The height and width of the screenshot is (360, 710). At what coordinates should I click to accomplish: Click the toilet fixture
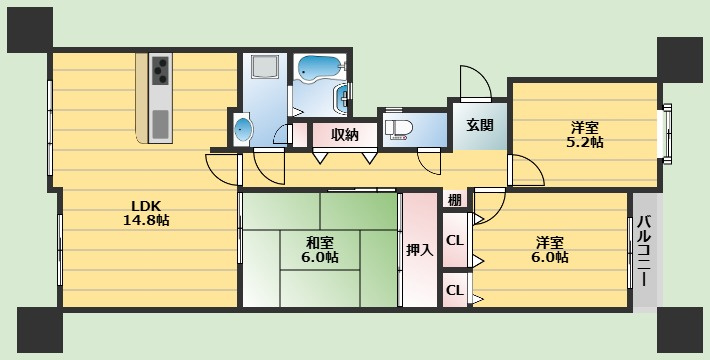(400, 128)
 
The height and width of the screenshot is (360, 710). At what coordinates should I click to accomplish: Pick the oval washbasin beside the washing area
(242, 129)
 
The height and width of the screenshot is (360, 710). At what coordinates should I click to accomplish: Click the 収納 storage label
(345, 134)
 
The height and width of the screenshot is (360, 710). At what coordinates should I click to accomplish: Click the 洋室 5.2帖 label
(585, 134)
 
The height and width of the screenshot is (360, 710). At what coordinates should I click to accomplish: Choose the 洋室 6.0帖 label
(551, 249)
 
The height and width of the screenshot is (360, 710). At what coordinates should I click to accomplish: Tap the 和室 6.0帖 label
(321, 249)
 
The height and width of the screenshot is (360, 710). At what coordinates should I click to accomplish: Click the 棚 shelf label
(454, 199)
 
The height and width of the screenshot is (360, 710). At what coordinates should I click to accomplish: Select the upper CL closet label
(454, 240)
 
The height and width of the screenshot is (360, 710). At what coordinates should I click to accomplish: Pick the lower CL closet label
(454, 290)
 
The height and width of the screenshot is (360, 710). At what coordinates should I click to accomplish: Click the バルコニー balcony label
(645, 250)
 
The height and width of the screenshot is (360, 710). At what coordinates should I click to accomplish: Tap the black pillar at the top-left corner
(30, 28)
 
